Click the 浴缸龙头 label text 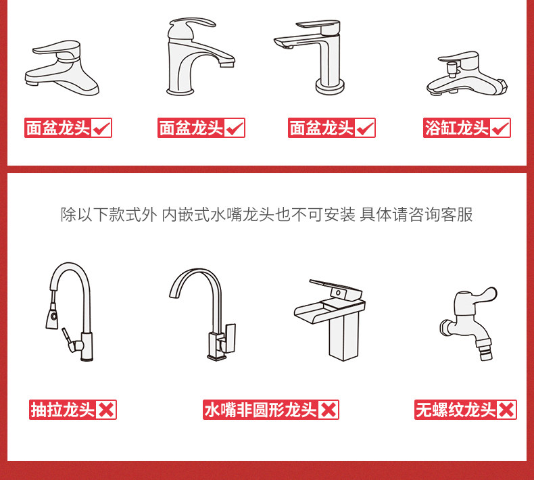[456, 128]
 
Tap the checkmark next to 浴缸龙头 [501, 128]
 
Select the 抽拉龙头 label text [62, 410]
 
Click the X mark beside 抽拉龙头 [106, 410]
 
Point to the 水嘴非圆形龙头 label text [260, 410]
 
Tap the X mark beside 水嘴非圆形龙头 [329, 410]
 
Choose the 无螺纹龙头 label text [456, 410]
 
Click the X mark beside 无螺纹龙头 [506, 410]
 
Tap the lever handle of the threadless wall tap [483, 295]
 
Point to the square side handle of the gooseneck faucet [229, 337]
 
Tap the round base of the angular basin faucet [330, 87]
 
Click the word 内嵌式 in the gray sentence [185, 214]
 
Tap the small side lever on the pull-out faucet [67, 337]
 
